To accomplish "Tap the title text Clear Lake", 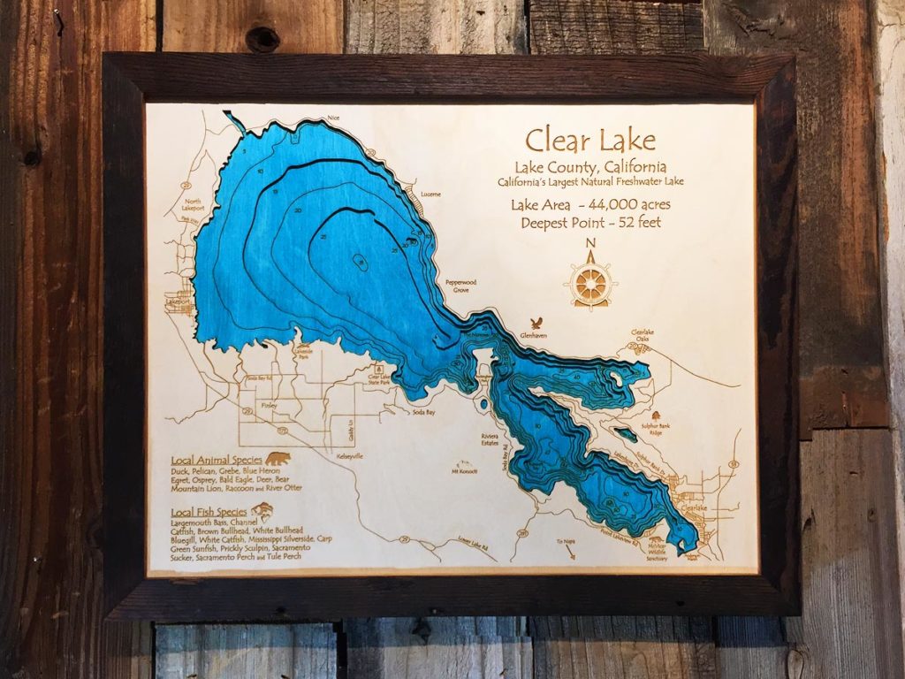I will (x=590, y=140).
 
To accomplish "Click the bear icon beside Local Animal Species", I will (x=278, y=459).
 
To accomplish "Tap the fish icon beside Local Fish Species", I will (x=262, y=509).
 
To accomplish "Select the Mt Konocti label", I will (x=464, y=470).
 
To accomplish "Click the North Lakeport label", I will (x=193, y=205).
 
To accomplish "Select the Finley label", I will (x=270, y=405).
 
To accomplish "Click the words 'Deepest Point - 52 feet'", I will (x=590, y=222).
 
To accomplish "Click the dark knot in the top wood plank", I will (x=262, y=39).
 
